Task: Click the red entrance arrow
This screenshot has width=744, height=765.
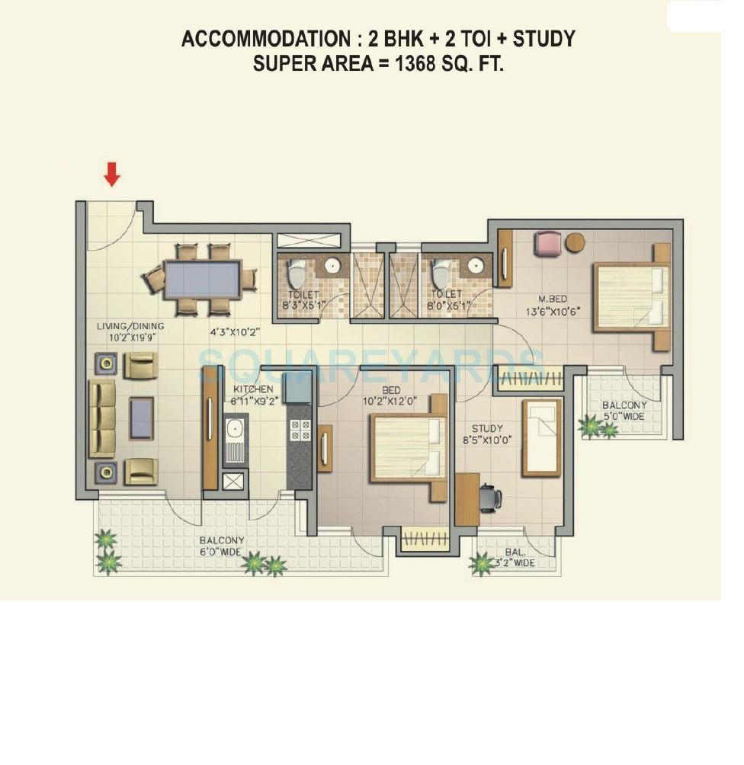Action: pyautogui.click(x=112, y=175)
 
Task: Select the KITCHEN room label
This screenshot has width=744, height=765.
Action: pyautogui.click(x=253, y=389)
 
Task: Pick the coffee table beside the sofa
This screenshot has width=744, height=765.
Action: pyautogui.click(x=142, y=418)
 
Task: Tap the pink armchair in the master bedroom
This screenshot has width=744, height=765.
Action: pyautogui.click(x=547, y=243)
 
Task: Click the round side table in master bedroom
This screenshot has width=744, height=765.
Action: pyautogui.click(x=576, y=242)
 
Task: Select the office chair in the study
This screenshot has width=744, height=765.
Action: pyautogui.click(x=490, y=498)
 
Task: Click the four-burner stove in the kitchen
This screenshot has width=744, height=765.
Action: pyautogui.click(x=300, y=431)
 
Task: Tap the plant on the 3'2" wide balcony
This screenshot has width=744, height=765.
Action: pyautogui.click(x=482, y=564)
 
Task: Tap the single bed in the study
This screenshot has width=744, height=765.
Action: pyautogui.click(x=541, y=437)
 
